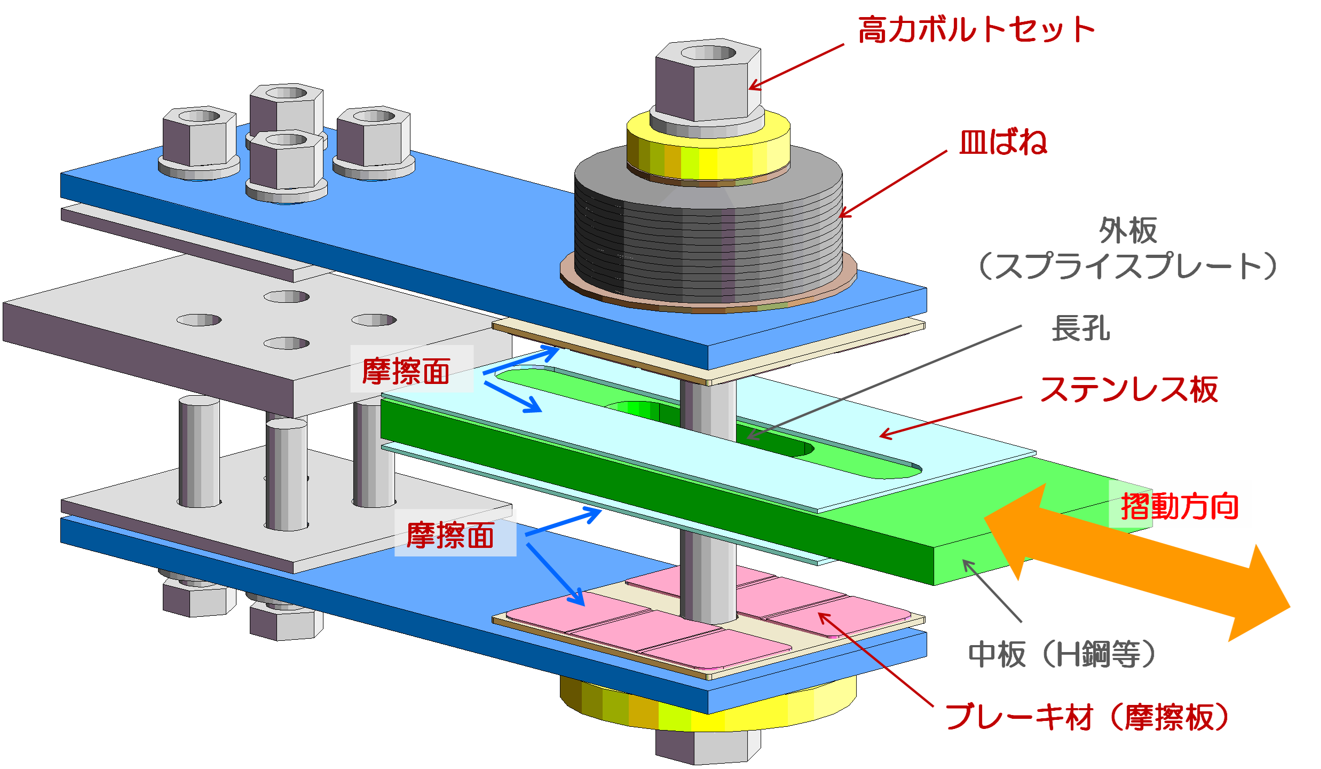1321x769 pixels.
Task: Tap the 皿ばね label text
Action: click(1003, 143)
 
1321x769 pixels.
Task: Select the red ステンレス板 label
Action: click(1129, 390)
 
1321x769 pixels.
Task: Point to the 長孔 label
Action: click(1080, 328)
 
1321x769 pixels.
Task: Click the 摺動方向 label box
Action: click(1180, 505)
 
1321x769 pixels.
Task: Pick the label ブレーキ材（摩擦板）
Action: click(1087, 717)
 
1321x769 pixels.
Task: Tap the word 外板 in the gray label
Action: click(1128, 231)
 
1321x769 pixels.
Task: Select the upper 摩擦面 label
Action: click(412, 370)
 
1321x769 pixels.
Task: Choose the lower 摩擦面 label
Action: click(455, 534)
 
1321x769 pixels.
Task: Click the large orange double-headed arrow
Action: click(1137, 561)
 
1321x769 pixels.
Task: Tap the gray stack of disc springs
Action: click(707, 235)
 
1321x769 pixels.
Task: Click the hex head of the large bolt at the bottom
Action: click(707, 748)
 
